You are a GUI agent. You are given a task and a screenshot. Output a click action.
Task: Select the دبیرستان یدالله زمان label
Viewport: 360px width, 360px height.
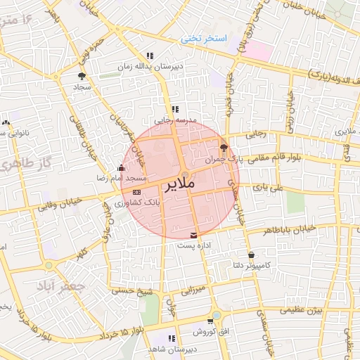(148, 66)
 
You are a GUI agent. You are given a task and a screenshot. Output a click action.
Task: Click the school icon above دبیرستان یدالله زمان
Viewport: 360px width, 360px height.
(149, 56)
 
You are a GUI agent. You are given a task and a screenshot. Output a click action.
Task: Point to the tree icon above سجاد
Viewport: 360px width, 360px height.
(82, 76)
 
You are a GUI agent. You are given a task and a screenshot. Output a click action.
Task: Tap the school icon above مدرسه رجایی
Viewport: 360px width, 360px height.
(175, 110)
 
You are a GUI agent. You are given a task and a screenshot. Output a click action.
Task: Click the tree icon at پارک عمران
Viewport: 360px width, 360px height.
(224, 148)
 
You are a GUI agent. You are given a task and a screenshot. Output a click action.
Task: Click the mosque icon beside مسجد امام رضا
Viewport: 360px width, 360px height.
(121, 168)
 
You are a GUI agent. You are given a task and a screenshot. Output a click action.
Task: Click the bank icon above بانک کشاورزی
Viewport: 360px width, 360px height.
(136, 191)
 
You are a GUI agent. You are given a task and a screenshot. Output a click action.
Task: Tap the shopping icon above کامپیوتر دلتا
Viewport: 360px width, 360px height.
(251, 254)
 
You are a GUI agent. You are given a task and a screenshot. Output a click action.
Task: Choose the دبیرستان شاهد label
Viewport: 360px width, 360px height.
(166, 349)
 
